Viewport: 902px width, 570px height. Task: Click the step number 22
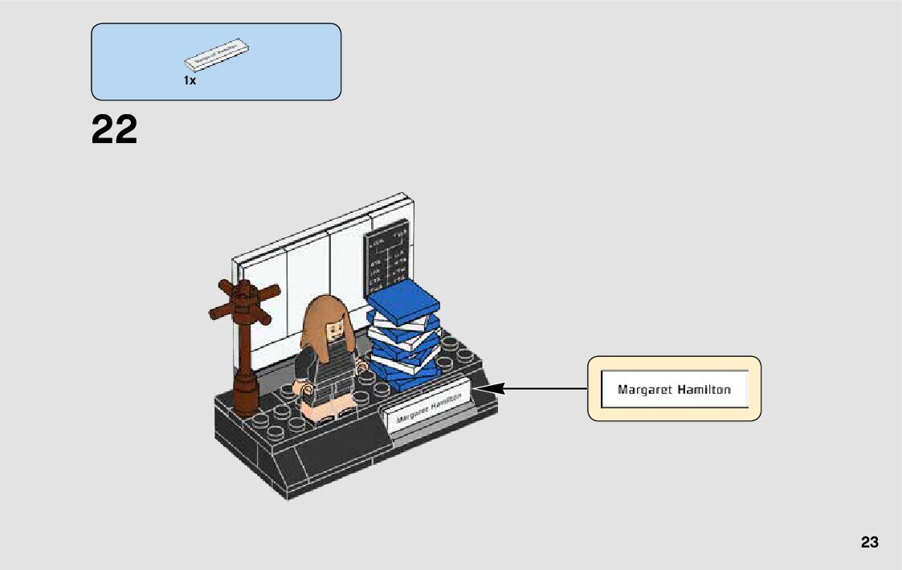pyautogui.click(x=115, y=130)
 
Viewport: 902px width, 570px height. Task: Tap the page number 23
pyautogui.click(x=869, y=543)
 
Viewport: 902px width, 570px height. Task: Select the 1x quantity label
pyautogui.click(x=190, y=80)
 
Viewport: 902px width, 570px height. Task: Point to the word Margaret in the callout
pyautogui.click(x=643, y=390)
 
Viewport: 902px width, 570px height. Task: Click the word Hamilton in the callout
pyautogui.click(x=704, y=390)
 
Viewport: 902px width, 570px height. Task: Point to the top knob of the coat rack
pyautogui.click(x=244, y=287)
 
